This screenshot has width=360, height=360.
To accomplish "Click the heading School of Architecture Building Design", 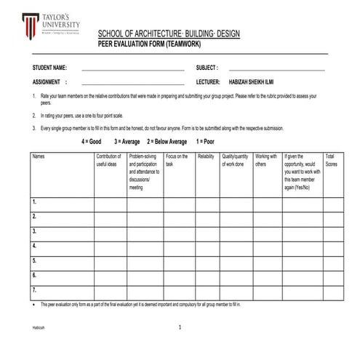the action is pos(168,35).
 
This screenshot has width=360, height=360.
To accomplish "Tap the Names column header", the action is pos(39,156).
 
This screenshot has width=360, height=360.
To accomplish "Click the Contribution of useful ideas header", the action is pos(108,160).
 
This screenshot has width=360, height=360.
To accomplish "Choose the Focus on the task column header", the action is pos(177,160).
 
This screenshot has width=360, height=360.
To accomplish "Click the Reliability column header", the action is pos(206,156).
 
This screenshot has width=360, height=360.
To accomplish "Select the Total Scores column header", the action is pos(331,160).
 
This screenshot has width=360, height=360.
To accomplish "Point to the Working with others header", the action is pos(266,160).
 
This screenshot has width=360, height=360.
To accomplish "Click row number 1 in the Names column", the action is pos(35,202).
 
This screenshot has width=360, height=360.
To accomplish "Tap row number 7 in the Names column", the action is pos(35,290).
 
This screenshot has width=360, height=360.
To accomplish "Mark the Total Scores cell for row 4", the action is pos(333,246).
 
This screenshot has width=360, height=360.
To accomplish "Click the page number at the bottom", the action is pos(180,328).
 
